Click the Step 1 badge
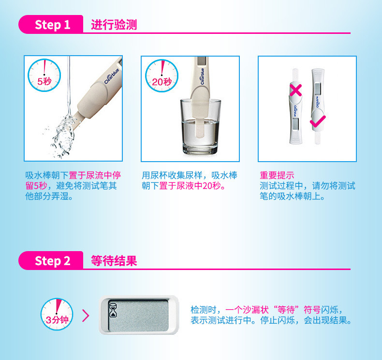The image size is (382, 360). point(51,24)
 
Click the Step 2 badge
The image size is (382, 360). point(51,260)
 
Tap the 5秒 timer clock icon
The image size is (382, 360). point(44,75)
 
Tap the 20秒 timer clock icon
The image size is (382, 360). point(162,76)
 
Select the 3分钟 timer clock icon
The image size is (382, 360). point(57,314)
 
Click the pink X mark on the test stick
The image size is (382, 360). point(296,90)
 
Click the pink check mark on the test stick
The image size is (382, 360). point(318,121)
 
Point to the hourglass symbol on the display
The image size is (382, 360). point(113,310)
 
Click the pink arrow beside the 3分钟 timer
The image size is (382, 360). point(86,315)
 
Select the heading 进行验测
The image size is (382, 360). point(114,25)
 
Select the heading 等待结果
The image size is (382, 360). point(114,261)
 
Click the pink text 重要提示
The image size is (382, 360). point(277,175)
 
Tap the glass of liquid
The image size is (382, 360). point(201,126)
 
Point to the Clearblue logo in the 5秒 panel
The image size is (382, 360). point(112,76)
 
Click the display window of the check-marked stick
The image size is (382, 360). point(317,89)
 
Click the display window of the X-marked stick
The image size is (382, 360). point(295,124)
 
